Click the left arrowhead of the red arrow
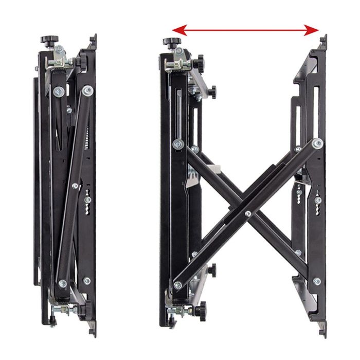click(175, 30)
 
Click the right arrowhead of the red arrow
click(315, 30)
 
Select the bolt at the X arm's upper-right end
click(317, 143)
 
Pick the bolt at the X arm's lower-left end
click(177, 285)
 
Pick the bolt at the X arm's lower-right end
click(317, 281)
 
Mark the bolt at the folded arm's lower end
click(62, 283)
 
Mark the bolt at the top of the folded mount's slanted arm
click(88, 91)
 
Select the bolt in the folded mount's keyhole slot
click(87, 200)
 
